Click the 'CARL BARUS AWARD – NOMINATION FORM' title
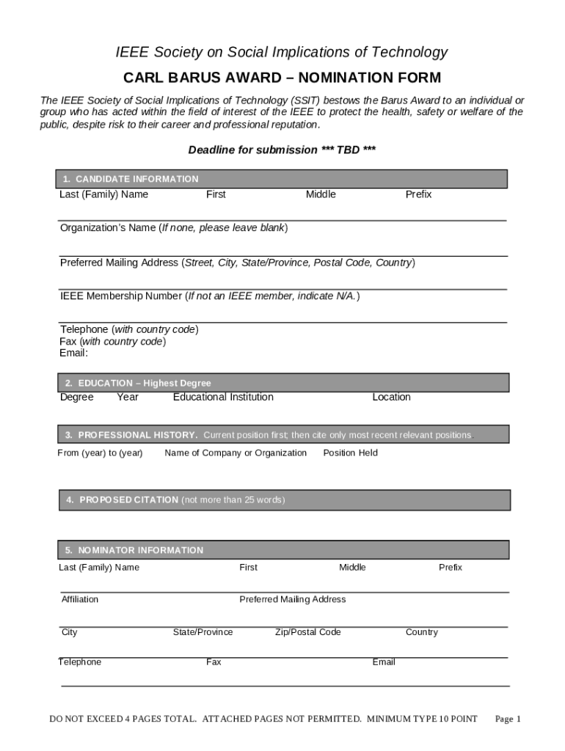pyautogui.click(x=282, y=78)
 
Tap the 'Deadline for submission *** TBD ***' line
pyautogui.click(x=282, y=150)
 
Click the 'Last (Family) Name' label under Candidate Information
pyautogui.click(x=103, y=194)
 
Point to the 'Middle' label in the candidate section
pyautogui.click(x=321, y=194)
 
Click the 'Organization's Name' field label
pyautogui.click(x=108, y=227)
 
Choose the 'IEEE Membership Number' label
pyautogui.click(x=122, y=296)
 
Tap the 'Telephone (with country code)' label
pyautogui.click(x=129, y=329)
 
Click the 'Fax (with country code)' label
pyautogui.click(x=112, y=341)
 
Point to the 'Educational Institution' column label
pyautogui.click(x=223, y=397)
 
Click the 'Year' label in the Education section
pyautogui.click(x=128, y=397)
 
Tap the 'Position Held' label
pyautogui.click(x=350, y=453)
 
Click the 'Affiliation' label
pyautogui.click(x=80, y=599)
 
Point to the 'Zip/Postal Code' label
pyautogui.click(x=307, y=632)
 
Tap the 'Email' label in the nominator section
pyautogui.click(x=384, y=662)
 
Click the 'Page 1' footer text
pyautogui.click(x=508, y=719)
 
